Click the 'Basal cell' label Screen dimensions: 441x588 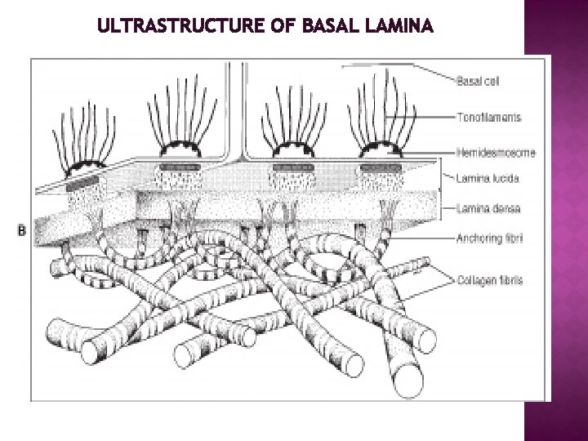tap(479, 79)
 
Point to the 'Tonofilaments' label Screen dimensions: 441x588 tap(488, 118)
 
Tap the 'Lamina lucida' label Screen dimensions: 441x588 tap(488, 176)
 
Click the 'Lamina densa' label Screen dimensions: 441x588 tap(488, 208)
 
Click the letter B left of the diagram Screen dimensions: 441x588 tap(21, 230)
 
